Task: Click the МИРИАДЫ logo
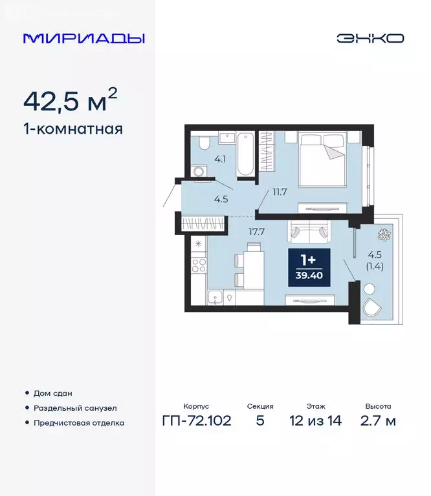[x=83, y=38]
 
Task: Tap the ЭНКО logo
[x=370, y=38]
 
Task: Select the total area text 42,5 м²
[x=70, y=101]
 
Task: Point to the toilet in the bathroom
[x=203, y=143]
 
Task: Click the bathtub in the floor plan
[x=245, y=154]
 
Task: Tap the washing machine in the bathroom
[x=201, y=172]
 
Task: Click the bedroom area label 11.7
[x=279, y=191]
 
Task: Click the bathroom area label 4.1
[x=220, y=158]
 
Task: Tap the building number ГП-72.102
[x=196, y=421]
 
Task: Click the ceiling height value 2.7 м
[x=377, y=421]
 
